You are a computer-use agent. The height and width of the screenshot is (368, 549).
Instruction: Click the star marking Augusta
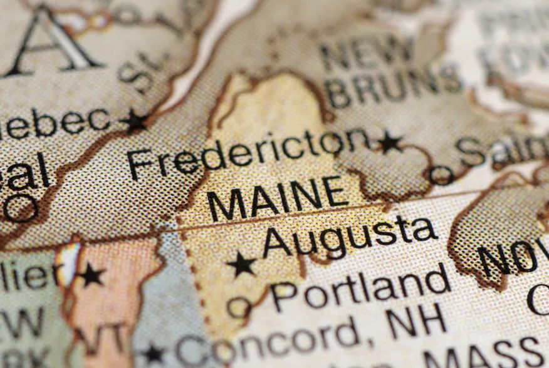tap(242, 264)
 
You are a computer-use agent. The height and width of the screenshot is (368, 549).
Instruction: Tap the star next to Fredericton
tap(390, 143)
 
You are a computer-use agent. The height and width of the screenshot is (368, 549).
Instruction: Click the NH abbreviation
tap(416, 321)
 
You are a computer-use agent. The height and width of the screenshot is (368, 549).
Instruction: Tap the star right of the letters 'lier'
tap(91, 275)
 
